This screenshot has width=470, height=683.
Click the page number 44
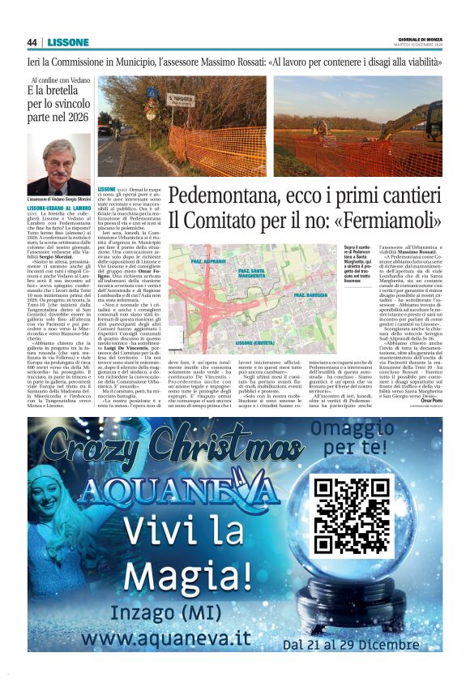click(x=32, y=42)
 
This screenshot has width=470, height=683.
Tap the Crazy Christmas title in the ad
click(x=163, y=446)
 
